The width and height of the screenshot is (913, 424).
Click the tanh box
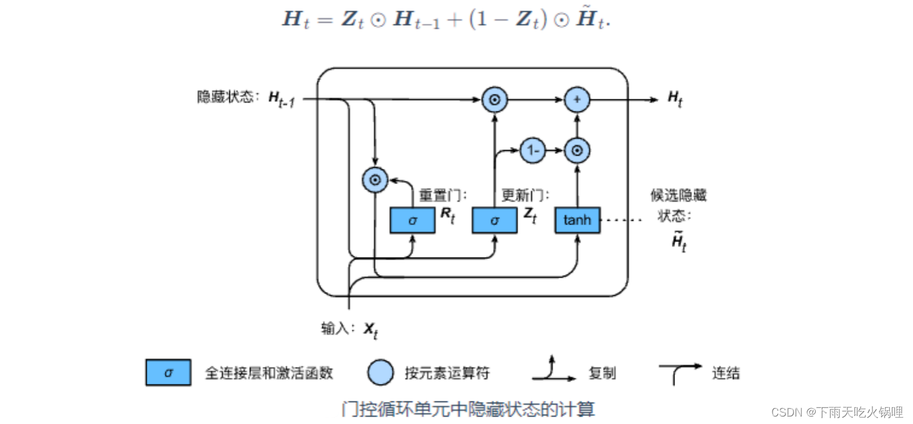(577, 220)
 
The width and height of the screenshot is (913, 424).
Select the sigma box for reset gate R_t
(412, 220)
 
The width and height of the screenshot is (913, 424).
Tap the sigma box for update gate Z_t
(495, 220)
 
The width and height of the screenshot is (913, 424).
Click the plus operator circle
(577, 99)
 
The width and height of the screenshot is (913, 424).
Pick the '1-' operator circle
(533, 150)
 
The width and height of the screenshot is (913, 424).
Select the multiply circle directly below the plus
(577, 150)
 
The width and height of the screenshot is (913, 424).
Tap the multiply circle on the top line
(495, 99)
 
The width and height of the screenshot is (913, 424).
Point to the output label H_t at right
(675, 98)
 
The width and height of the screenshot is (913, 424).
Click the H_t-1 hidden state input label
(281, 99)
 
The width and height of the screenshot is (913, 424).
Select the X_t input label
(371, 330)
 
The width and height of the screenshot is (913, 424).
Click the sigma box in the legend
(168, 373)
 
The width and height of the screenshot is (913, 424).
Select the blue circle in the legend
(381, 373)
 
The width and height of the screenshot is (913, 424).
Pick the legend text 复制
(602, 373)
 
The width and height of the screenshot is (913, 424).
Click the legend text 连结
(726, 373)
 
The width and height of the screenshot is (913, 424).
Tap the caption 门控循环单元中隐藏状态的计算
(468, 409)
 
